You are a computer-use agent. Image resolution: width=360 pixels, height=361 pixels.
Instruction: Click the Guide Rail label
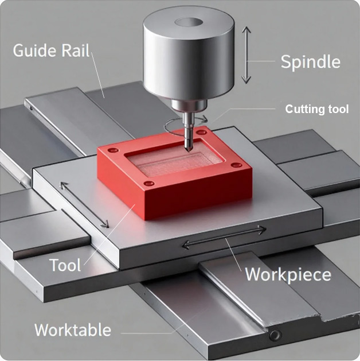51,51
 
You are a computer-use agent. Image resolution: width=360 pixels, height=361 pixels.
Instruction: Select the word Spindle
310,62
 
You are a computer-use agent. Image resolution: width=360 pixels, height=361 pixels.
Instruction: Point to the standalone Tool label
65,265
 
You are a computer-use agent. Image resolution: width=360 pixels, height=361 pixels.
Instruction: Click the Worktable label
72,330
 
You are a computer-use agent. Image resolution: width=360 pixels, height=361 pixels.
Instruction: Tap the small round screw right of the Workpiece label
277,335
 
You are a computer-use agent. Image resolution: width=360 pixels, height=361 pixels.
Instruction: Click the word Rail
76,51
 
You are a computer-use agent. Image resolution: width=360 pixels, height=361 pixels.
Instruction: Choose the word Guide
35,51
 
